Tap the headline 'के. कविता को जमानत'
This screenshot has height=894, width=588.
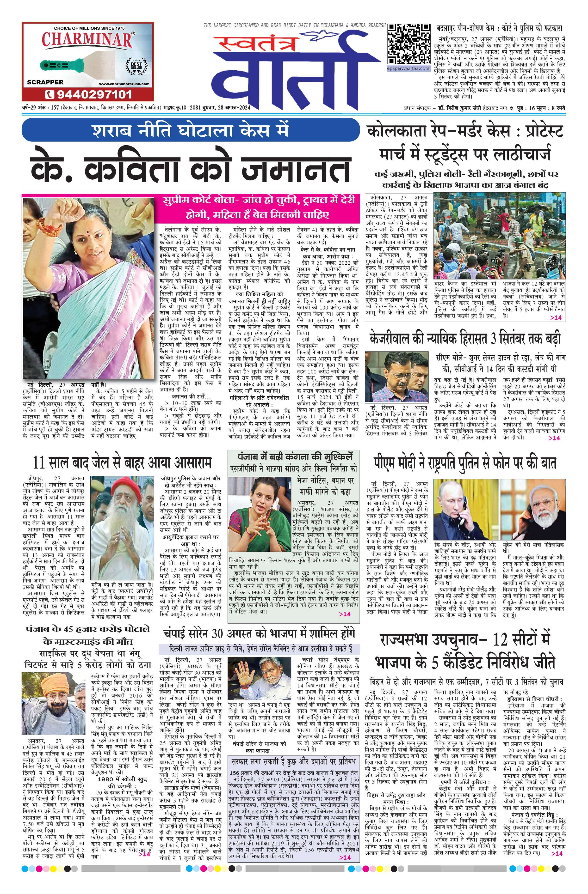click(x=190, y=169)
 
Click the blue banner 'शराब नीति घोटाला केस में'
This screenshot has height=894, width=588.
click(x=190, y=130)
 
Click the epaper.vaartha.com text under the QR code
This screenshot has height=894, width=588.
click(x=409, y=68)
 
